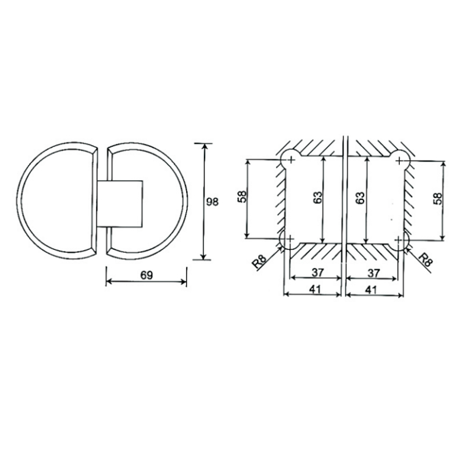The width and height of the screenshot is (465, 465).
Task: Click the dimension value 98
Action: click(x=212, y=202)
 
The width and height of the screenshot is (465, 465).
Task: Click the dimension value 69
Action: click(x=146, y=275)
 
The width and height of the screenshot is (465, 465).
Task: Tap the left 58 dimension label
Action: click(x=242, y=196)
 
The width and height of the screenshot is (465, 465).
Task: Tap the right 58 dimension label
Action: click(x=438, y=199)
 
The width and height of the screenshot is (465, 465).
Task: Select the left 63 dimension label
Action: click(x=317, y=198)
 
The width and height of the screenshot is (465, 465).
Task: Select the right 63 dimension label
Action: click(x=360, y=198)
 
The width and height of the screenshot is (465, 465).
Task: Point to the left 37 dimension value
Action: click(x=317, y=272)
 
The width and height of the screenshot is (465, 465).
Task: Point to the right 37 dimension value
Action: click(x=373, y=273)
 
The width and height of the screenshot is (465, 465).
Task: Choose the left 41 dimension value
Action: click(x=315, y=289)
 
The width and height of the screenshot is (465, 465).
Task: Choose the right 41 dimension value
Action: click(x=371, y=289)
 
